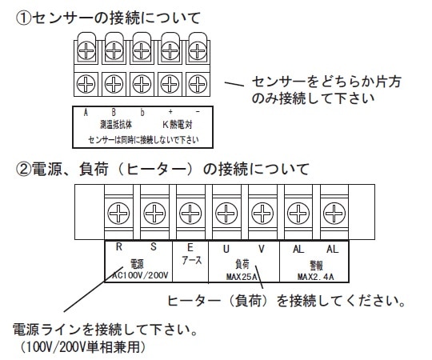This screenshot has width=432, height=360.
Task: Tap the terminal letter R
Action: pos(118,248)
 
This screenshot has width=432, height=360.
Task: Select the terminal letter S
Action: pos(154,248)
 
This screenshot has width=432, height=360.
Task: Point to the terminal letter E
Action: pos(190,248)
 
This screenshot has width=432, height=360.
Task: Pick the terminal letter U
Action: pos(226,249)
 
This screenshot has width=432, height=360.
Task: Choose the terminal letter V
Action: pos(261,249)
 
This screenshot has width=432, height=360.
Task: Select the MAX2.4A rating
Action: pos(314,277)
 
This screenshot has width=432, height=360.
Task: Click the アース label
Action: pos(190,262)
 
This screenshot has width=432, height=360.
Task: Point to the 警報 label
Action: pos(314,263)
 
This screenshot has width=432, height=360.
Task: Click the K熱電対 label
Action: pos(175,126)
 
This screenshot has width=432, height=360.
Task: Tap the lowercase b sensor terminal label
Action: pos(142,114)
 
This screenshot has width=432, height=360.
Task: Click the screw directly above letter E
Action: pos(190,212)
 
